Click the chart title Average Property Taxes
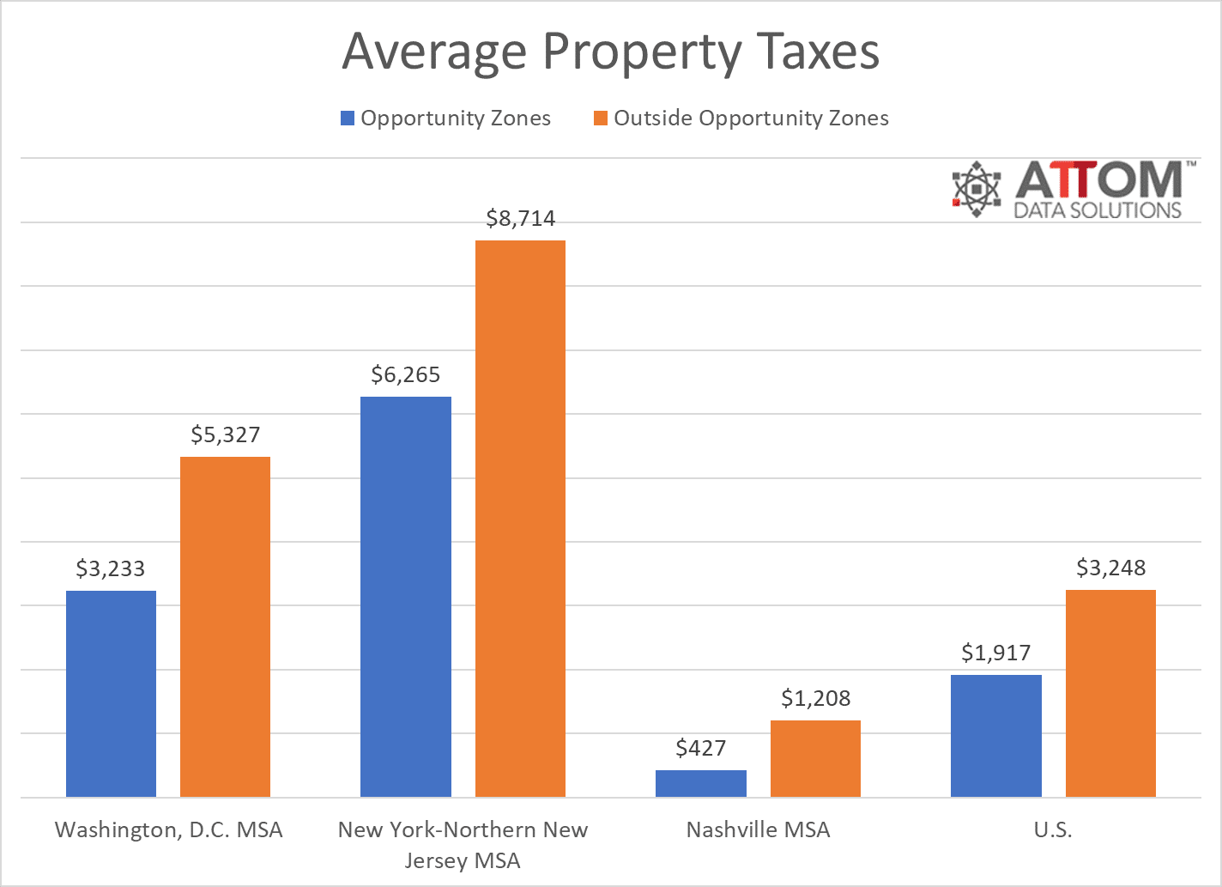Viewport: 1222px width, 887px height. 610,52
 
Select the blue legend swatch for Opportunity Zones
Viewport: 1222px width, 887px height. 348,118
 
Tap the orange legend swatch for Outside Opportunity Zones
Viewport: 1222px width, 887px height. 601,118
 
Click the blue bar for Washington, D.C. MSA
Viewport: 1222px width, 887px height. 111,694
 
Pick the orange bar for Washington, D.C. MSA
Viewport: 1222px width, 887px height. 225,627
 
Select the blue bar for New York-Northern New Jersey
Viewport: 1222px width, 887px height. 406,597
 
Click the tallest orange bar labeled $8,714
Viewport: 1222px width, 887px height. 520,519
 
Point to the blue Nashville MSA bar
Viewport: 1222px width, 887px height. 701,783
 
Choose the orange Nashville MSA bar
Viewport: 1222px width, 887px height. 815,758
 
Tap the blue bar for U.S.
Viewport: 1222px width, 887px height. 996,736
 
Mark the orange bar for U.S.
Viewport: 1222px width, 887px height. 1110,693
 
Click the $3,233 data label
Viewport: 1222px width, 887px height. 111,568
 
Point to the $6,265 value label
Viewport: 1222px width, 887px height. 406,374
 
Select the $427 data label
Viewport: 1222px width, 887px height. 701,748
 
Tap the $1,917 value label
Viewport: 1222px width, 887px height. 996,653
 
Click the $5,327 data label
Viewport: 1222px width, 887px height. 225,434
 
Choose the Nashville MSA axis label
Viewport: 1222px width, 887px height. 758,829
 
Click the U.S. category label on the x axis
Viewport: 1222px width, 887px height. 1053,829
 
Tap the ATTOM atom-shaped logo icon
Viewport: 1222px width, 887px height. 977,188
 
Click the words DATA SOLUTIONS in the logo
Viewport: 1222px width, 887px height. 1098,210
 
